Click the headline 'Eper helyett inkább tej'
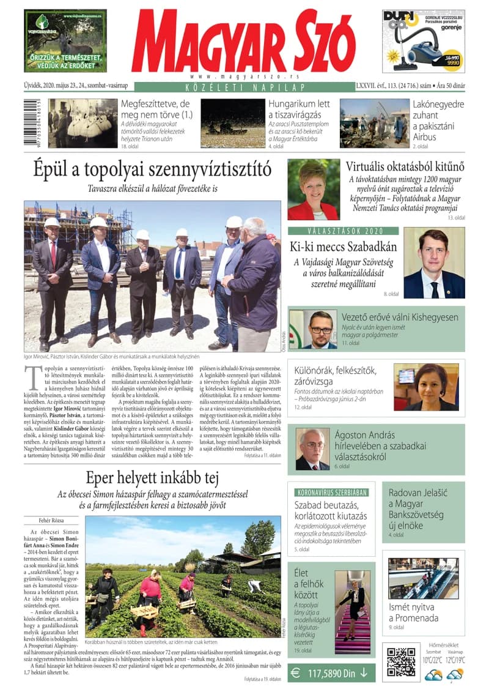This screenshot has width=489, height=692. (x=144, y=478)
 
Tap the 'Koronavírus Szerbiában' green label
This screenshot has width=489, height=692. (x=331, y=492)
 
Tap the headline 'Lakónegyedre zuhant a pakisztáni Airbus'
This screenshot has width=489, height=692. (x=438, y=120)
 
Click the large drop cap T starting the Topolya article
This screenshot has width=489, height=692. (x=31, y=374)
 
